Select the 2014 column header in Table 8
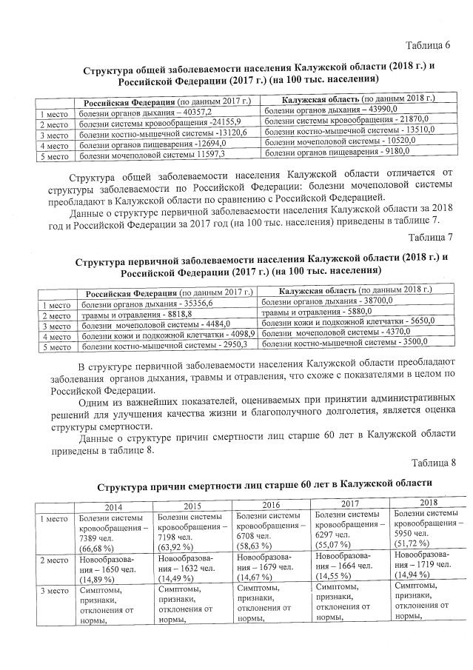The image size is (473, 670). click(x=113, y=506)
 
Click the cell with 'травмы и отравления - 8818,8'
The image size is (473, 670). click(x=167, y=313)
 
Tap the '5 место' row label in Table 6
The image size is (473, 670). click(x=54, y=156)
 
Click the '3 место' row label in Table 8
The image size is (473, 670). click(x=53, y=592)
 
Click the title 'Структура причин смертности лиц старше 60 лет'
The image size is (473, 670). click(x=264, y=483)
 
